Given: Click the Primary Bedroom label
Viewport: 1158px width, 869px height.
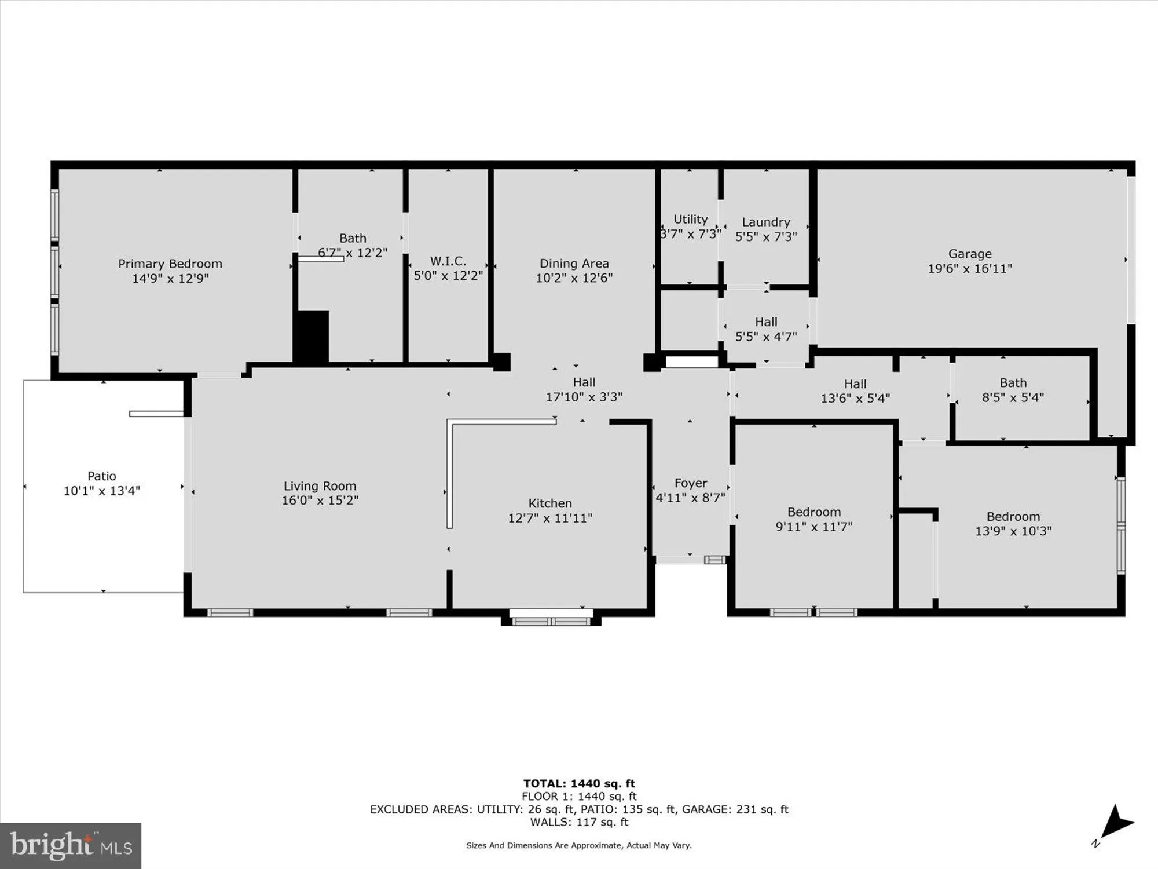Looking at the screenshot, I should coord(170,264).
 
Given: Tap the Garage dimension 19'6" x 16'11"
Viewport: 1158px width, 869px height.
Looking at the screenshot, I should coord(970,268).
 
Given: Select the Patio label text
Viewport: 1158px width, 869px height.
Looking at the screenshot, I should coord(102,476).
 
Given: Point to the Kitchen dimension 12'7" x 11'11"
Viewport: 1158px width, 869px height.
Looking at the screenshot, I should coord(550,518).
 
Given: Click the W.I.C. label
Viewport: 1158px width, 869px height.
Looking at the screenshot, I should coord(448,261).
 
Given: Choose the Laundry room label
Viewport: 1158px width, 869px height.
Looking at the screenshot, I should coord(765,222).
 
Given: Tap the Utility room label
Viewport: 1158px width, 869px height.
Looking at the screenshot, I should coord(690,219).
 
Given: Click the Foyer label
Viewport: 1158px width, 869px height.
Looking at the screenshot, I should coord(690,483).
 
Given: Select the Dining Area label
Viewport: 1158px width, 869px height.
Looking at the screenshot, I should coord(574,264).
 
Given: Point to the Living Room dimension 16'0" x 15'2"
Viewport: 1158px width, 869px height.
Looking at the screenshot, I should coord(320,501).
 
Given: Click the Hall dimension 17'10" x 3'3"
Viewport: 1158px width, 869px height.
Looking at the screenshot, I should coord(584,397).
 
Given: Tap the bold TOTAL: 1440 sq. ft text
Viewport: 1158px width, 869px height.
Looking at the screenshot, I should coord(579,783).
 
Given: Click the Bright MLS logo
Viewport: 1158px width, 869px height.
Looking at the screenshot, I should coord(71,846).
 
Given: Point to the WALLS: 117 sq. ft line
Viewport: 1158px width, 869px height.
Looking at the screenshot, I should coord(579,822).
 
